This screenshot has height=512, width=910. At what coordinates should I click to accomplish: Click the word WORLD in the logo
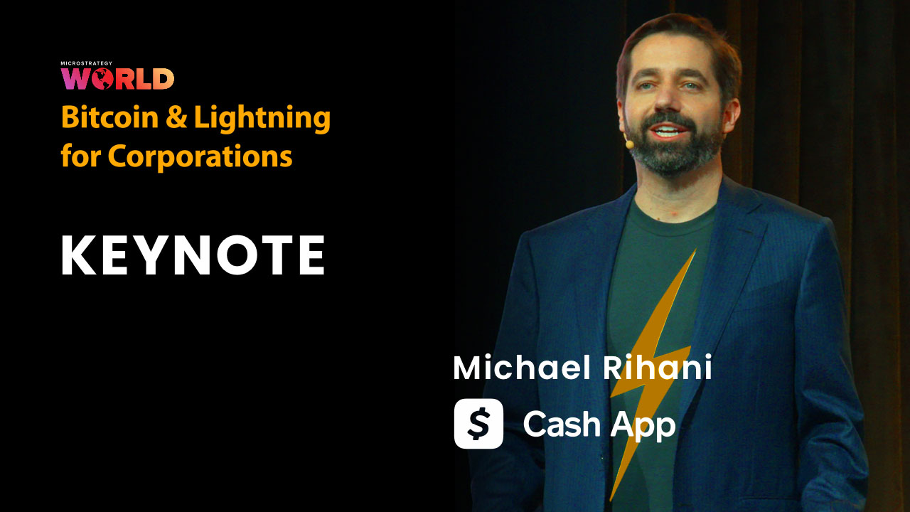pyautogui.click(x=117, y=78)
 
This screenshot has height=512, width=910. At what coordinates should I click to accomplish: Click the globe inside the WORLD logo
pyautogui.click(x=102, y=78)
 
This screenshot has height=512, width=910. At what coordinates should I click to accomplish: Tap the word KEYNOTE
pyautogui.click(x=193, y=255)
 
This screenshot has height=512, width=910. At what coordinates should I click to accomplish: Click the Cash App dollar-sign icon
pyautogui.click(x=478, y=424)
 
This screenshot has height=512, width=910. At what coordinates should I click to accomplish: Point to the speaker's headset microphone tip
pyautogui.click(x=629, y=143)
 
